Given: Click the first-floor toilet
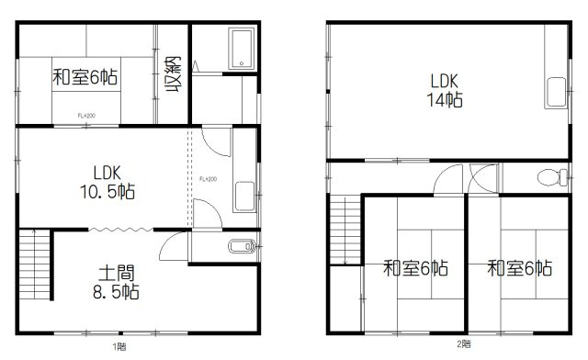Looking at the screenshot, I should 241,246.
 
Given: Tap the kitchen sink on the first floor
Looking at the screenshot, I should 244,196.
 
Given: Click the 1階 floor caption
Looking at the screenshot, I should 119,347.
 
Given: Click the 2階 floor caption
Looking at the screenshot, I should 465,344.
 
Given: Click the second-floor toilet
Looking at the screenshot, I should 549,178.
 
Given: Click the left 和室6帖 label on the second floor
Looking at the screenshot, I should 415,268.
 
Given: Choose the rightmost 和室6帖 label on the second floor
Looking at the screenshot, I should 519,268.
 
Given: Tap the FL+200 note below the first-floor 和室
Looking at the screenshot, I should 86,116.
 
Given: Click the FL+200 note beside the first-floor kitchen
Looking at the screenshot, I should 207,178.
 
